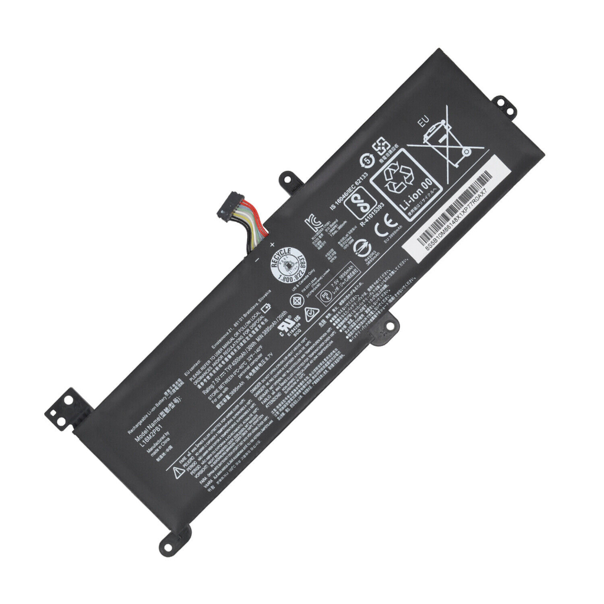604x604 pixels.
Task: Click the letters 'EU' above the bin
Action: point(422,122)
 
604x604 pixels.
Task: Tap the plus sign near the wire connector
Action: point(272,244)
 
